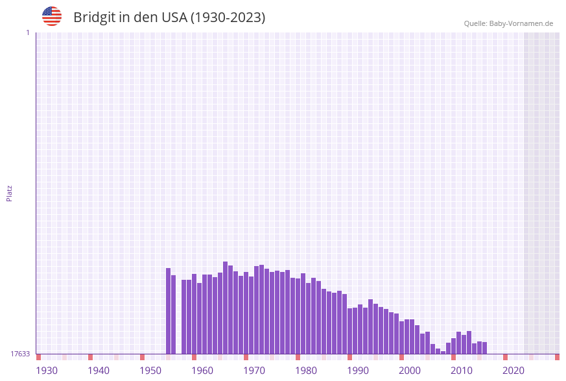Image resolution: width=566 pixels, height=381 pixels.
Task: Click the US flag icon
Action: coord(52,16)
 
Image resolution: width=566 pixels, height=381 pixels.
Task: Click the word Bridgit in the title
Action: coord(94,18)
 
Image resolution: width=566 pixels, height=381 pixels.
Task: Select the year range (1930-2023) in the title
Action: coord(228,18)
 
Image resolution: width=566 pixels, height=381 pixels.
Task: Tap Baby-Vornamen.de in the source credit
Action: coord(521,23)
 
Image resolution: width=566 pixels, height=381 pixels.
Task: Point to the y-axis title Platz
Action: coord(10,193)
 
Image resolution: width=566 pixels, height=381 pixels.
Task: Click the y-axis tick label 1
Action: coord(27,32)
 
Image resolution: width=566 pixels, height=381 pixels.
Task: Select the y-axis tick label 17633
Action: coord(20,354)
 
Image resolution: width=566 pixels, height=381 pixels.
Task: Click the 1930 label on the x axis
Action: coord(47,371)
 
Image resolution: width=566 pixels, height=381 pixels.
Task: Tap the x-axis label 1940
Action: coord(99,371)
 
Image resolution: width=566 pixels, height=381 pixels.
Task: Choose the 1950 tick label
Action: coord(150,371)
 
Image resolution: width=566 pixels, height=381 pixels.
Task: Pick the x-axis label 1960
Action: coord(202,371)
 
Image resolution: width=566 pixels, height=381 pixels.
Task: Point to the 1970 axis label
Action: coord(254,371)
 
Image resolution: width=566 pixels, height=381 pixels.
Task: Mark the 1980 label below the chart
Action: coord(306,371)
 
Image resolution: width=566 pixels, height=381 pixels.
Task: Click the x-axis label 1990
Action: coord(358,371)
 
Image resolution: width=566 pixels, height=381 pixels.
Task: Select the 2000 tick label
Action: coord(410,371)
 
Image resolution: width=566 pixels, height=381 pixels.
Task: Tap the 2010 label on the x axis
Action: coord(462,371)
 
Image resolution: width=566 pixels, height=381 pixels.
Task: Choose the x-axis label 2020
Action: coord(513,371)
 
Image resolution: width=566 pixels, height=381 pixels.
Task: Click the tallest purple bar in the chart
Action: coord(225,308)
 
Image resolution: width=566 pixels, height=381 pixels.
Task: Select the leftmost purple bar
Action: coord(168,311)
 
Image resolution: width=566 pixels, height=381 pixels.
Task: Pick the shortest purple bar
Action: coord(443,352)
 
